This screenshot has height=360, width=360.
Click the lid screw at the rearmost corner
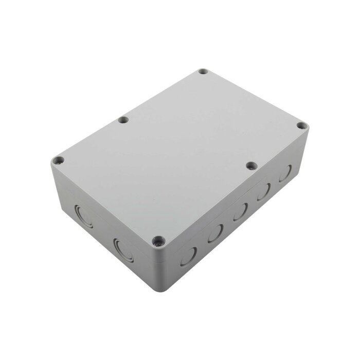point(203,71)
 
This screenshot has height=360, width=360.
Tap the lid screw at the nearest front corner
point(158,240)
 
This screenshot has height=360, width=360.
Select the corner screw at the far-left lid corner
point(59,160)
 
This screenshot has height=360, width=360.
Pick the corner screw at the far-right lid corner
point(302,125)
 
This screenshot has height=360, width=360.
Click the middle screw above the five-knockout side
point(251,166)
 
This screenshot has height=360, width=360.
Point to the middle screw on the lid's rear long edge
point(123,120)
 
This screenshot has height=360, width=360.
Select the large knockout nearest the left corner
point(84,217)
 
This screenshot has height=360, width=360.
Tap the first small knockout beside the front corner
point(188,256)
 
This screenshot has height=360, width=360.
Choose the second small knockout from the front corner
point(215,233)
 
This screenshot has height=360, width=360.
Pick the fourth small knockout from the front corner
point(263,191)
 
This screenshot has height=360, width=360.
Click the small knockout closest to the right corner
point(285,173)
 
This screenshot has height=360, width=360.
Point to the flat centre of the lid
point(180,154)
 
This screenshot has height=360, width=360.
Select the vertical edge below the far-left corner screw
point(53,180)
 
